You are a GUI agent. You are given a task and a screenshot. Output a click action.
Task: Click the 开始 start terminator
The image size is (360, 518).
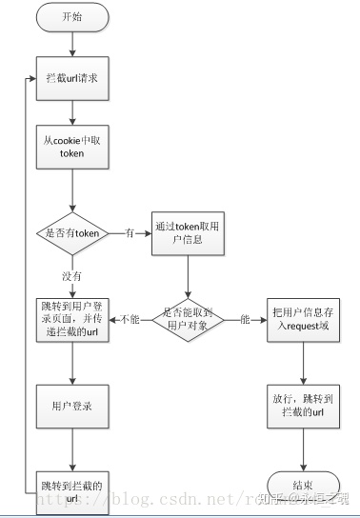(72, 16)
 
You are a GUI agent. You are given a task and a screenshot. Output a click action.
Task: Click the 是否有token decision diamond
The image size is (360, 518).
(72, 232)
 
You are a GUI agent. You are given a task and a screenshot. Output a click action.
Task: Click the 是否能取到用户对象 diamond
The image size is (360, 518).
(187, 318)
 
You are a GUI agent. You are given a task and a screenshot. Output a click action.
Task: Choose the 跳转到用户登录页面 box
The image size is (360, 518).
(72, 318)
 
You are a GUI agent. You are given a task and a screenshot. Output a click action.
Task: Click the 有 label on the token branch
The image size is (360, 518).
(129, 232)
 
